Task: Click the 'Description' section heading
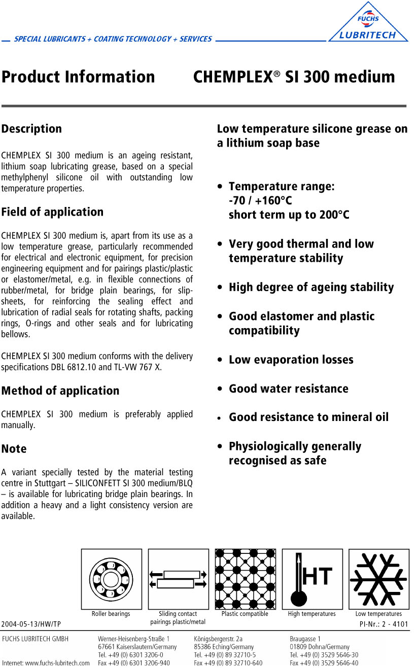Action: pyautogui.click(x=31, y=129)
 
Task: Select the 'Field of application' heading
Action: pyautogui.click(x=52, y=212)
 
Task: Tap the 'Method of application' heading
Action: pyautogui.click(x=60, y=391)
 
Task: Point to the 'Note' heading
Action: pyautogui.click(x=14, y=449)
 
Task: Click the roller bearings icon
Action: pyautogui.click(x=111, y=579)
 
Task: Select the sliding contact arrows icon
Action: pyautogui.click(x=178, y=579)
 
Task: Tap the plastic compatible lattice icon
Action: pyautogui.click(x=245, y=579)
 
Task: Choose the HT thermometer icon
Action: pyautogui.click(x=312, y=579)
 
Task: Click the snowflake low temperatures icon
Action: pyautogui.click(x=378, y=579)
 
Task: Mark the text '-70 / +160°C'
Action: pyautogui.click(x=260, y=200)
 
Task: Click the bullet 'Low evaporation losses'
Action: pyautogui.click(x=291, y=360)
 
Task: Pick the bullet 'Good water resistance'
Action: pyautogui.click(x=288, y=389)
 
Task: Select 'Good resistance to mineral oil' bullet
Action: pyautogui.click(x=308, y=417)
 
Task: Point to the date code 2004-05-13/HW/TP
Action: pyautogui.click(x=31, y=624)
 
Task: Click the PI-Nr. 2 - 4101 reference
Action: pyautogui.click(x=383, y=624)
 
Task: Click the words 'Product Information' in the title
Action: pyautogui.click(x=78, y=77)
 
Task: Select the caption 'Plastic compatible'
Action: pyautogui.click(x=245, y=614)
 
